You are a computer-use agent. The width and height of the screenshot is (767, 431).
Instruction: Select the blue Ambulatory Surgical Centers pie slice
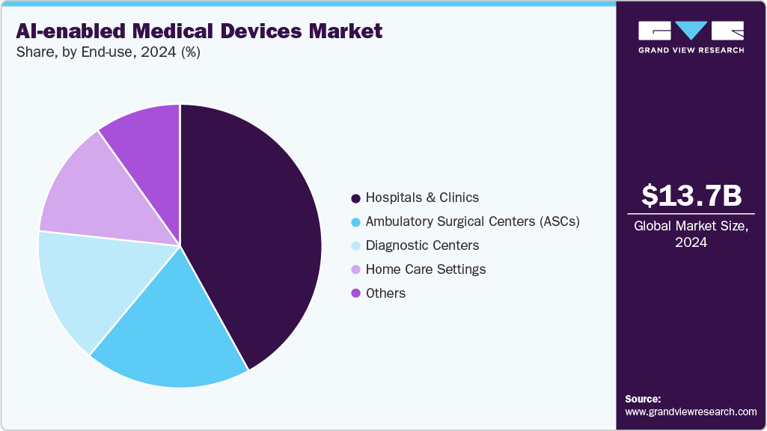point(180,329)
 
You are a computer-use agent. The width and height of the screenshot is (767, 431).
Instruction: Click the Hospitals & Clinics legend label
point(422,198)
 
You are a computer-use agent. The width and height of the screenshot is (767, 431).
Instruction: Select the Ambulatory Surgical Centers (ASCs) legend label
point(472,221)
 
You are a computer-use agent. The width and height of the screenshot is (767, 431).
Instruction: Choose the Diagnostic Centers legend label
point(422,245)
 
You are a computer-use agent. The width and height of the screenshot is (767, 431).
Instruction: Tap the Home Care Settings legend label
point(425,269)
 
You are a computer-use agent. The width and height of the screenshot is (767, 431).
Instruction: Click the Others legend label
point(385,293)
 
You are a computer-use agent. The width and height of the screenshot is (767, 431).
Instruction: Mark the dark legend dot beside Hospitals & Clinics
point(355,198)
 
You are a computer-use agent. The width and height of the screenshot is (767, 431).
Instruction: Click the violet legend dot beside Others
point(355,293)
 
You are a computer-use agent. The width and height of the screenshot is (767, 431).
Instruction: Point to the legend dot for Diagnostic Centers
point(355,245)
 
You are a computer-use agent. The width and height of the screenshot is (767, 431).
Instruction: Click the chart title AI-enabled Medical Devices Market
point(198,31)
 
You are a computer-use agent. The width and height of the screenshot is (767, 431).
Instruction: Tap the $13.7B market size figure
point(691,195)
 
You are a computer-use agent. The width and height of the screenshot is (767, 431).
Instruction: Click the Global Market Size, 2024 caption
point(691,233)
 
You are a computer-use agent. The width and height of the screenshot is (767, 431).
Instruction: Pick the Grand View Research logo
point(691,37)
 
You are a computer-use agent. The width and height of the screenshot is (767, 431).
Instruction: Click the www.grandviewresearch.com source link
point(691,412)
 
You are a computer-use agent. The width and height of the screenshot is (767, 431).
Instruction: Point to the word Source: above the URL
point(643,399)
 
